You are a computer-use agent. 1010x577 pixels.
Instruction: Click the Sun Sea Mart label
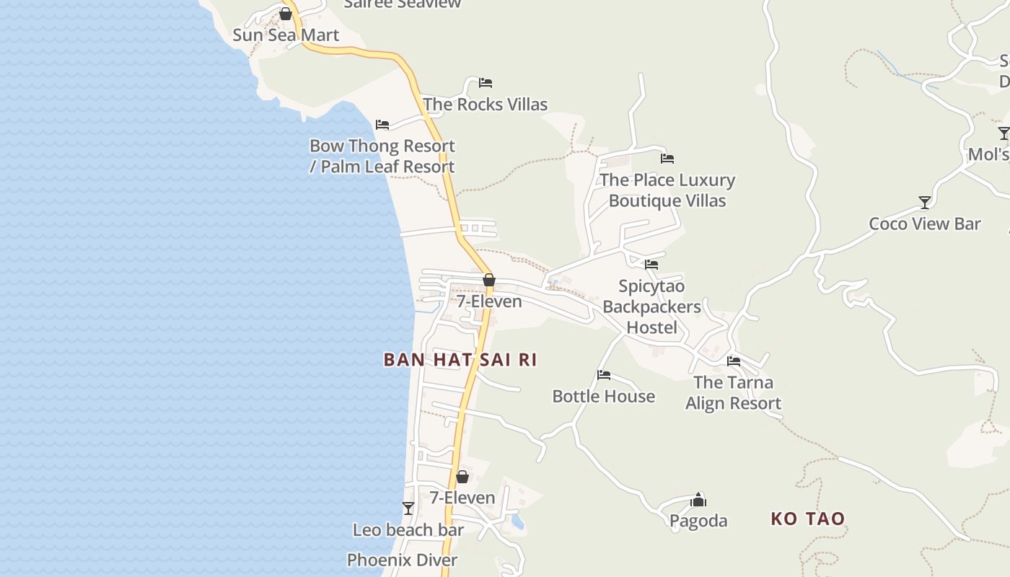tap(286, 35)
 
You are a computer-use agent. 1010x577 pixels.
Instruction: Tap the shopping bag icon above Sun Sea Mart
tap(286, 14)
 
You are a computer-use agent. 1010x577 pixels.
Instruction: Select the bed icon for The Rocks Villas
tap(486, 83)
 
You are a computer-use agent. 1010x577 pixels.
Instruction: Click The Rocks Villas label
tap(486, 105)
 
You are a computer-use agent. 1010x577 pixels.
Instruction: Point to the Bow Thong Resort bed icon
tap(382, 125)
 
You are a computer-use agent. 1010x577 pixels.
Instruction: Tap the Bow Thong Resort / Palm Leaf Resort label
tap(382, 156)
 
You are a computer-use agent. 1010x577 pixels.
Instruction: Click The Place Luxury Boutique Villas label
tap(667, 190)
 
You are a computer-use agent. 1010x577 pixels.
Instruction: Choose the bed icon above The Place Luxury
tap(667, 159)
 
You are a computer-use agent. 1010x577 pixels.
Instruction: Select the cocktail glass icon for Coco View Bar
tap(925, 202)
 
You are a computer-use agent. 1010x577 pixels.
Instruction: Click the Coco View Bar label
tap(925, 224)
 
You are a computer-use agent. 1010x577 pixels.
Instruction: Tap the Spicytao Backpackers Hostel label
tap(651, 307)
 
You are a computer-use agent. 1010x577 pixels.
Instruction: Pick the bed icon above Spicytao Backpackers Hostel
tap(651, 265)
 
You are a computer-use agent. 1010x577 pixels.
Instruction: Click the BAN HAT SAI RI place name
tap(460, 360)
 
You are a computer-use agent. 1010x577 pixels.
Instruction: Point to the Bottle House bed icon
tap(604, 375)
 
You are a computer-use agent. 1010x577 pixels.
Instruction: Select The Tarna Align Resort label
tap(734, 393)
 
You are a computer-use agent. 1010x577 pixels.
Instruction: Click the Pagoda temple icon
tap(698, 499)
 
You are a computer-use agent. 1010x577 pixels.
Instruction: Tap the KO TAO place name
tap(807, 519)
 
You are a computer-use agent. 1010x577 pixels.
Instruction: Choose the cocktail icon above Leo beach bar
tap(408, 508)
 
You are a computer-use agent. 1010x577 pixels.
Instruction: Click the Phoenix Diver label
tap(403, 560)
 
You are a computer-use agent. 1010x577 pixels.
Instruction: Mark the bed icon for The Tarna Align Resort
tap(734, 361)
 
